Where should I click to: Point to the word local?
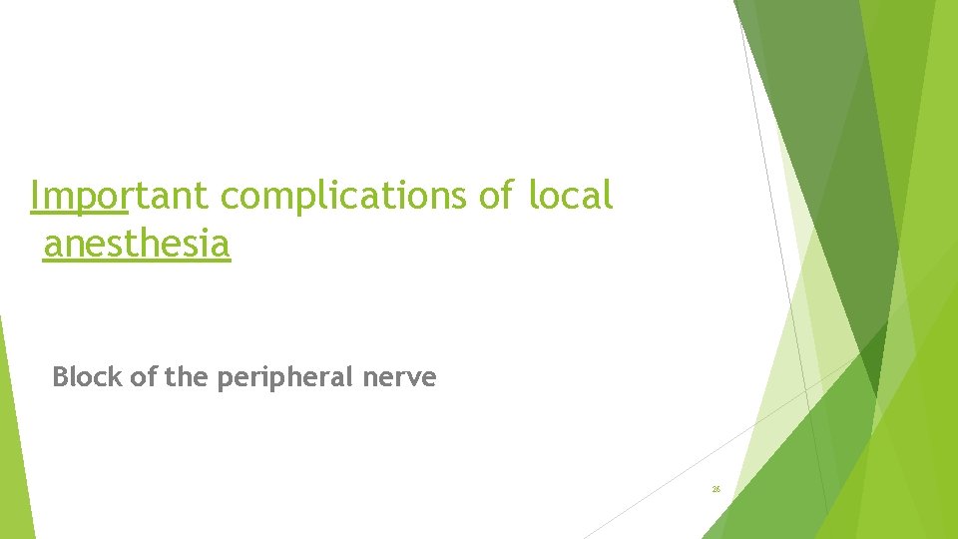(x=571, y=197)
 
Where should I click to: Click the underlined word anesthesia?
(x=137, y=244)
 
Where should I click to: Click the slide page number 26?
(x=717, y=489)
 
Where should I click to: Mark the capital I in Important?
(x=35, y=197)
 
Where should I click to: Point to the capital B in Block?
(x=60, y=377)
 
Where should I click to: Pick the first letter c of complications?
(x=231, y=199)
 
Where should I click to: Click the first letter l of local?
(x=534, y=197)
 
